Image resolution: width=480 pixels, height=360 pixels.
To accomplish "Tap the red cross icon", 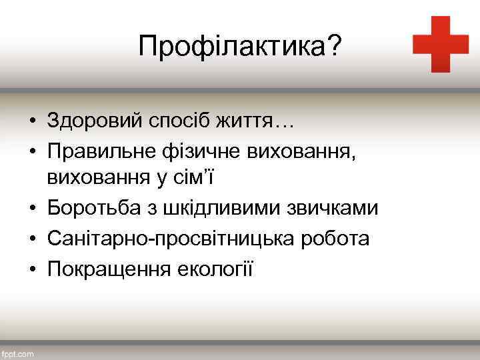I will click(440, 44).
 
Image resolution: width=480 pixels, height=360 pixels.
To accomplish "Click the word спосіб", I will click(173, 122).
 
